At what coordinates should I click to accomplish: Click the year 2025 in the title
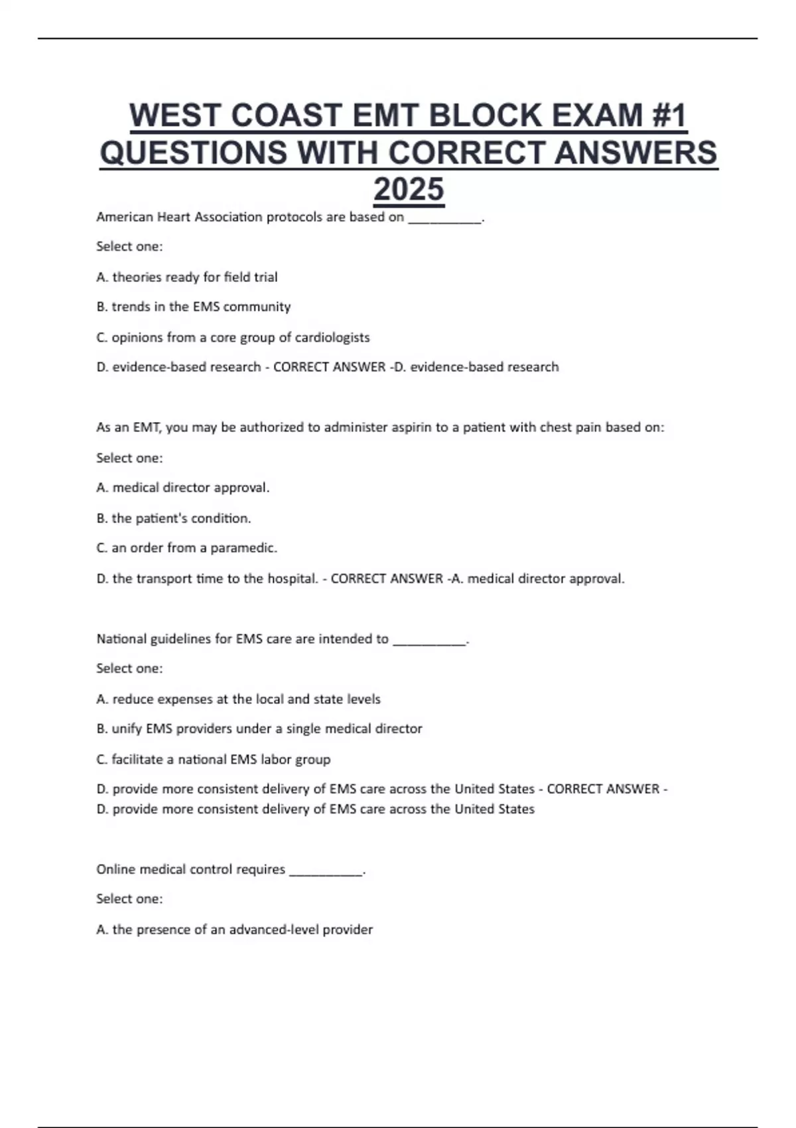click(409, 190)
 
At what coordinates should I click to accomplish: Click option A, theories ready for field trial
click(187, 277)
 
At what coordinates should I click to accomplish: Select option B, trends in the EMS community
click(194, 307)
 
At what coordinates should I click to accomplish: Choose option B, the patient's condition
click(174, 518)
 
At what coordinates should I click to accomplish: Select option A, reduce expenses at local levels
click(239, 699)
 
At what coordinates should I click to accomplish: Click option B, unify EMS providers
click(259, 729)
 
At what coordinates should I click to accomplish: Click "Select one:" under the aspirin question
click(129, 458)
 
